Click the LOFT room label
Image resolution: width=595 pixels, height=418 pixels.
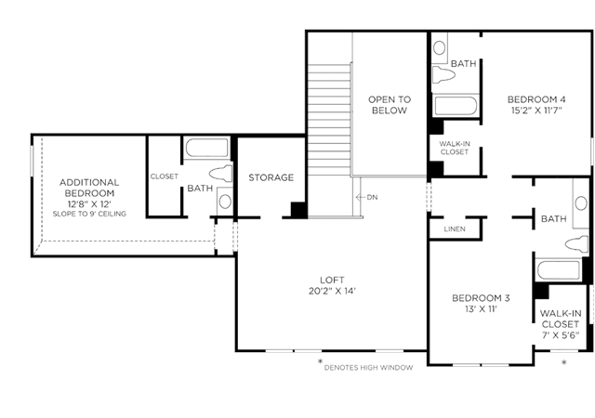[x=332, y=280]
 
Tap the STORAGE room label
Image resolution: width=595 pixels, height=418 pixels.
[x=271, y=177]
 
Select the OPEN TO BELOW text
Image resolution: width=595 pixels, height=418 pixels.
[x=390, y=105]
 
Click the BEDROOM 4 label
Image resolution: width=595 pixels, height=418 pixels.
[x=536, y=99]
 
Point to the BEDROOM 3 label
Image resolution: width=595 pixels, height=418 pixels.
[x=481, y=298]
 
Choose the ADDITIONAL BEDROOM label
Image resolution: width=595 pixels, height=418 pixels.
[x=89, y=188]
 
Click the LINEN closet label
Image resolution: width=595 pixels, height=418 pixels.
[x=455, y=229]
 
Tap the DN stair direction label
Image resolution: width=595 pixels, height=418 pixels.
[x=372, y=197]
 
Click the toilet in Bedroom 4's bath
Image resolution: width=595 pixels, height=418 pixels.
[x=443, y=74]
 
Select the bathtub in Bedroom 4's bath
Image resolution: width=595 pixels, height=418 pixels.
[x=456, y=106]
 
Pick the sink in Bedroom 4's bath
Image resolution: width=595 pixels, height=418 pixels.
[x=440, y=48]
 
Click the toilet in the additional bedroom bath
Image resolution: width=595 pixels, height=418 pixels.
[x=221, y=174]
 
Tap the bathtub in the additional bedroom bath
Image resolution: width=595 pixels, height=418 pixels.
[x=206, y=148]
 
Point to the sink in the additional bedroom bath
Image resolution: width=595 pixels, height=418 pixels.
[x=225, y=202]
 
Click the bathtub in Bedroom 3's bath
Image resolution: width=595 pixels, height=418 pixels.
[x=559, y=270]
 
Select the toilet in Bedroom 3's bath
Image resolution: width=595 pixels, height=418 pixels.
[x=576, y=244]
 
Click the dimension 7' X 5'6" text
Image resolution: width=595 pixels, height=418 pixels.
[x=561, y=335]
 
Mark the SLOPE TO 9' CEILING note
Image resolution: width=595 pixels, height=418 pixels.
[x=89, y=214]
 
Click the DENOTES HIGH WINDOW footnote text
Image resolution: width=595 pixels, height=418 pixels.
[x=368, y=368]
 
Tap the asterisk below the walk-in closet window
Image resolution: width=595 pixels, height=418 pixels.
[x=564, y=362]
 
